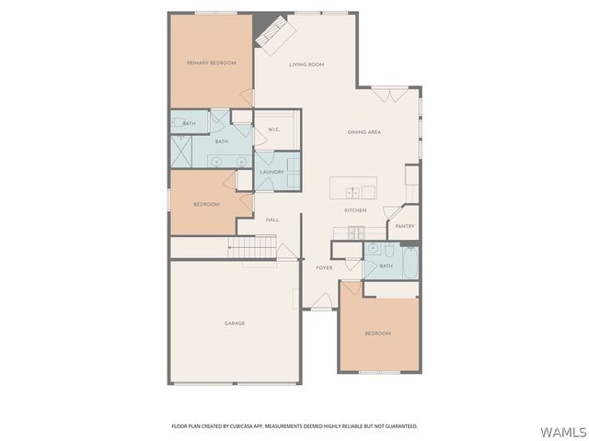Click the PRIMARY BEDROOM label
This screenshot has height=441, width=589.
pyautogui.click(x=211, y=62)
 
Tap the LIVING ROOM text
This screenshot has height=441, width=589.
pyautogui.click(x=306, y=64)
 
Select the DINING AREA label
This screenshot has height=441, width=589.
pyautogui.click(x=364, y=132)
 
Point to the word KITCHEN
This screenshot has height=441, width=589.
pyautogui.click(x=355, y=210)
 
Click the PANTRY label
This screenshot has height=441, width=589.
pyautogui.click(x=405, y=226)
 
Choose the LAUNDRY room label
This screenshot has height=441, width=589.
pyautogui.click(x=271, y=172)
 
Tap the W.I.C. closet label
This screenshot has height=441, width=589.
pyautogui.click(x=273, y=130)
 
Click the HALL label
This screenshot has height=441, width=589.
pyautogui.click(x=272, y=220)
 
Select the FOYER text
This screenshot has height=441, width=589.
pyautogui.click(x=324, y=267)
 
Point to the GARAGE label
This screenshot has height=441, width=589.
pyautogui.click(x=235, y=322)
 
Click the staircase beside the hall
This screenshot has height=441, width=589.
pyautogui.click(x=253, y=247)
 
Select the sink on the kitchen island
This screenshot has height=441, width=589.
pyautogui.click(x=352, y=192)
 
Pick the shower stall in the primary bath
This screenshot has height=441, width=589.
pyautogui.click(x=180, y=151)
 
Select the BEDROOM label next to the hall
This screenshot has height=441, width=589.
pyautogui.click(x=206, y=204)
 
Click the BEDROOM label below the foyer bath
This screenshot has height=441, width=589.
pyautogui.click(x=377, y=333)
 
